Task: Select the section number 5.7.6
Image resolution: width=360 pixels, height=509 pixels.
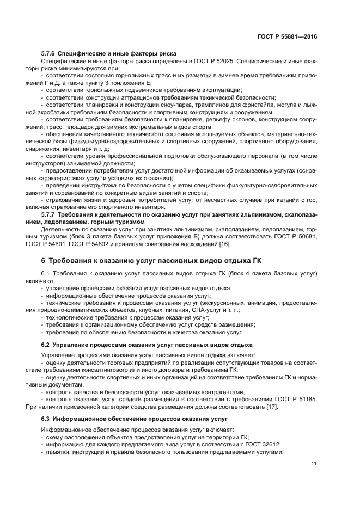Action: coord(50,54)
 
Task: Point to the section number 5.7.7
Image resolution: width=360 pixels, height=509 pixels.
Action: coord(50,215)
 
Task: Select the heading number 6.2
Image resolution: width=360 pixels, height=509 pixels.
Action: coord(46,345)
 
